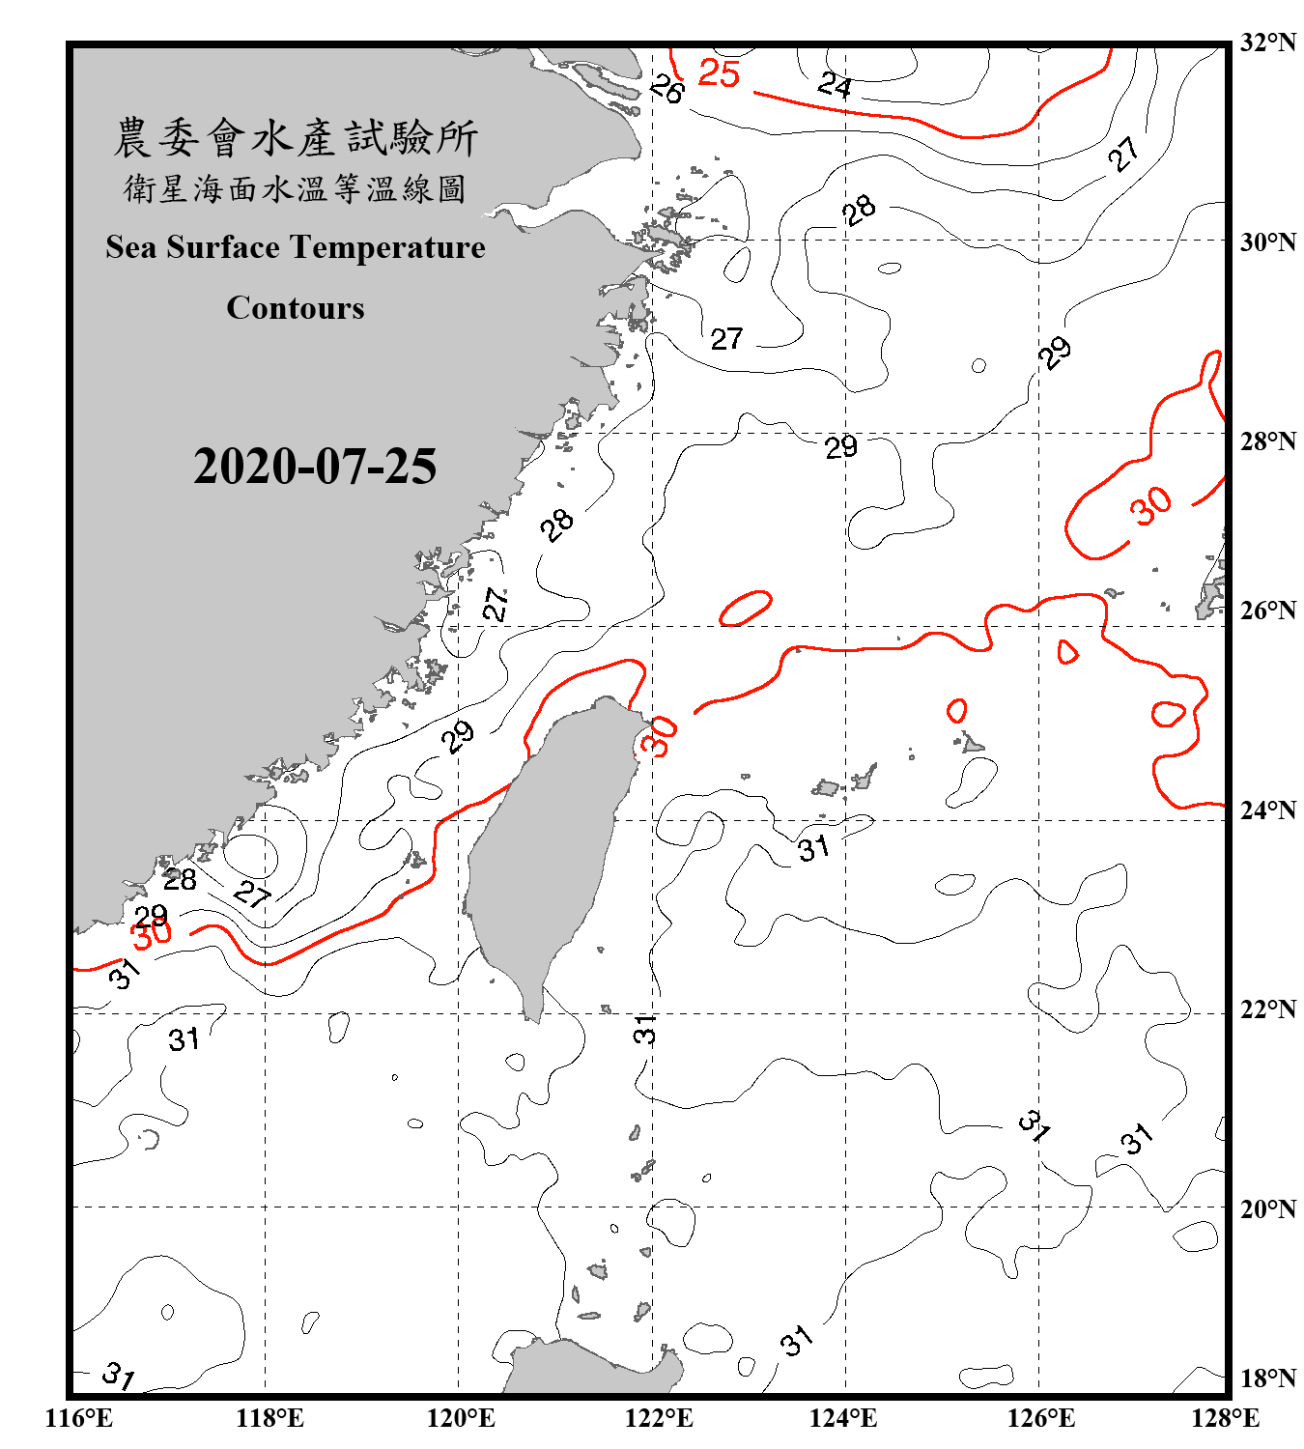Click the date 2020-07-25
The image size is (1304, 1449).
[315, 466]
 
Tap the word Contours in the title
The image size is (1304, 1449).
[296, 307]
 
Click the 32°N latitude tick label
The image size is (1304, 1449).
[1268, 43]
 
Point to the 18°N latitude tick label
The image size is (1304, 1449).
[1268, 1378]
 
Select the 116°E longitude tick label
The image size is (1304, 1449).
[79, 1418]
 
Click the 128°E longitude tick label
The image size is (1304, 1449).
[1225, 1418]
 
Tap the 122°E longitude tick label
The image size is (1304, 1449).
[659, 1418]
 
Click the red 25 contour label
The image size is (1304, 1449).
[719, 73]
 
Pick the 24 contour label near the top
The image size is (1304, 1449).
[835, 85]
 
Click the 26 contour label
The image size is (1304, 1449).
[666, 90]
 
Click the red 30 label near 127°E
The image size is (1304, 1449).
[1151, 506]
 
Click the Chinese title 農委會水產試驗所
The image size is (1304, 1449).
[296, 137]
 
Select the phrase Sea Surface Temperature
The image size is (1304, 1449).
[296, 247]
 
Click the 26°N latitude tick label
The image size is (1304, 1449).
[1268, 611]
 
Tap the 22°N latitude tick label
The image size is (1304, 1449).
[1268, 1009]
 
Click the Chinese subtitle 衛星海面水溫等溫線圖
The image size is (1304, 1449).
[296, 188]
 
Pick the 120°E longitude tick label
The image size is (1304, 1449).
[461, 1418]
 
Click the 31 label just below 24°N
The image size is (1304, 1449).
[813, 848]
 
